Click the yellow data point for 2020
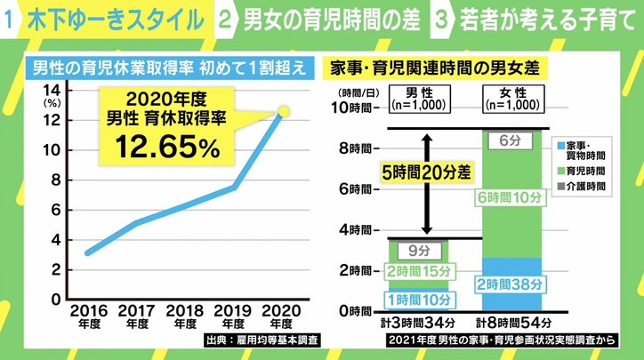click(x=284, y=111)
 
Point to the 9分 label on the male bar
click(x=418, y=250)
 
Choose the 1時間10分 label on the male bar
click(x=418, y=300)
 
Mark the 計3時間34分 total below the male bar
click(x=418, y=323)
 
